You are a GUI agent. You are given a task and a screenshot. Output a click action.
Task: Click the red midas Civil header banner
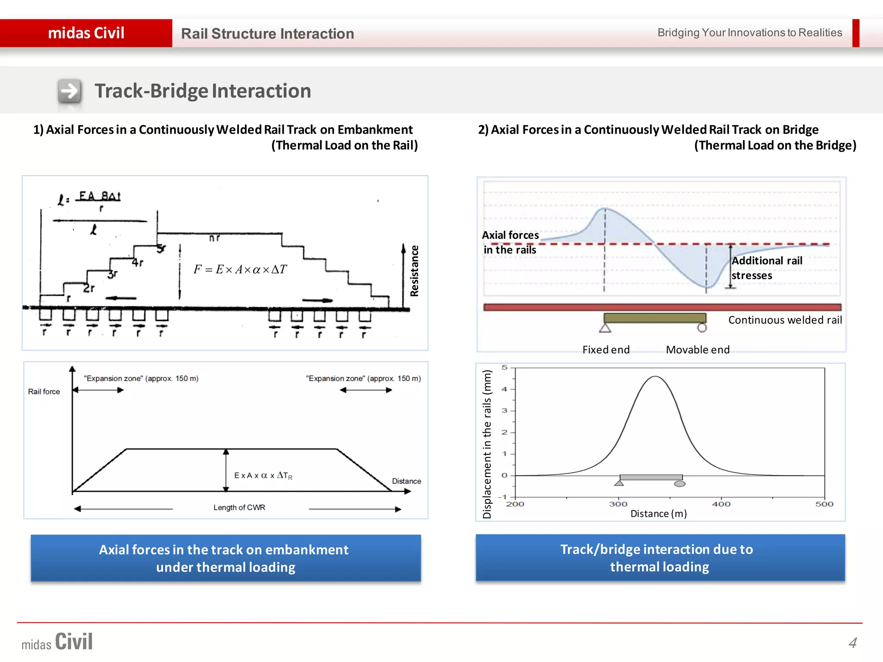click(86, 33)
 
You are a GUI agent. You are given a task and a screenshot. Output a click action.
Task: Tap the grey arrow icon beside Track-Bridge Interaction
click(69, 91)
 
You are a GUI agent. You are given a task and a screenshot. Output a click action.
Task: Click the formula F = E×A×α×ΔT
click(240, 269)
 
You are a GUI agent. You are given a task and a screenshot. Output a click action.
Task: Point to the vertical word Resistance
click(414, 271)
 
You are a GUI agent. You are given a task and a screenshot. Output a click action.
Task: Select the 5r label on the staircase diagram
click(161, 249)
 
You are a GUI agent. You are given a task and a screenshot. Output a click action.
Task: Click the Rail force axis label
click(44, 391)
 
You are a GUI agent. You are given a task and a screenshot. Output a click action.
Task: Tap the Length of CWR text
click(239, 507)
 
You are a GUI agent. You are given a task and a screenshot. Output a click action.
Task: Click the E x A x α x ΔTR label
click(263, 475)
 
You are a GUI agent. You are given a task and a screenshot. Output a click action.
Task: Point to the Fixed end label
click(606, 350)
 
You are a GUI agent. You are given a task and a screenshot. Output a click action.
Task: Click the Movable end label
click(698, 350)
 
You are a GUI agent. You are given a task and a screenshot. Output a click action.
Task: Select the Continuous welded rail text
click(785, 320)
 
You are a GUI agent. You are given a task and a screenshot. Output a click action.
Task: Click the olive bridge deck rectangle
click(654, 318)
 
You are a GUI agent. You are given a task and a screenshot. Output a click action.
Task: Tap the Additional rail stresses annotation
click(766, 268)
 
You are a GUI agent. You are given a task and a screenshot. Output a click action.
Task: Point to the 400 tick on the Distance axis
click(721, 504)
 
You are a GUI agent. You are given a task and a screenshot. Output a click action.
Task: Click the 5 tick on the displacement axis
click(504, 368)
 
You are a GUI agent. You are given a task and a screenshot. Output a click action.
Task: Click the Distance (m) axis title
click(658, 513)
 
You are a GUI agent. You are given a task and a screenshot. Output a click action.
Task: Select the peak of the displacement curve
click(655, 377)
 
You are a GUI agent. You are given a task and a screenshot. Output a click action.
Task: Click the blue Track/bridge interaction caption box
click(660, 558)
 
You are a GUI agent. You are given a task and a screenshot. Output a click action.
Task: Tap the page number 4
click(852, 643)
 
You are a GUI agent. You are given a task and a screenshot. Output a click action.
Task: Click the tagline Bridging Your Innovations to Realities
click(749, 33)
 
